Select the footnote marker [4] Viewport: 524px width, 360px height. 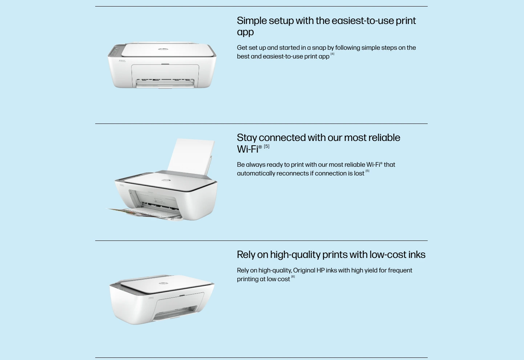click(x=332, y=54)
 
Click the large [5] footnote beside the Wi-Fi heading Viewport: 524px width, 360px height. click(x=267, y=146)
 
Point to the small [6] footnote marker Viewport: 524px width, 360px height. click(x=293, y=277)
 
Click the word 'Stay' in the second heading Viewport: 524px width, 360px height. click(x=247, y=138)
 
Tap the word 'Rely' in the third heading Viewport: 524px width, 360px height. click(x=246, y=255)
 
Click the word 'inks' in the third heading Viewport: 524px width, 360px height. click(x=417, y=255)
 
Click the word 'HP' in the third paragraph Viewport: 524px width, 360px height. click(x=321, y=270)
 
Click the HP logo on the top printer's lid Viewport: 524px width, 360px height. click(x=163, y=49)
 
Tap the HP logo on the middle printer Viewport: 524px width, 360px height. click(x=165, y=181)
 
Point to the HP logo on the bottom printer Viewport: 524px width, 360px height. click(x=164, y=283)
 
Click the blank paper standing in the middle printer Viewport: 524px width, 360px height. click(x=191, y=156)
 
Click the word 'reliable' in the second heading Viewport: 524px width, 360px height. click(x=384, y=138)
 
